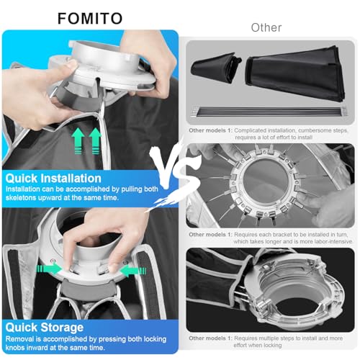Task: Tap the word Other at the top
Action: tap(266, 27)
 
